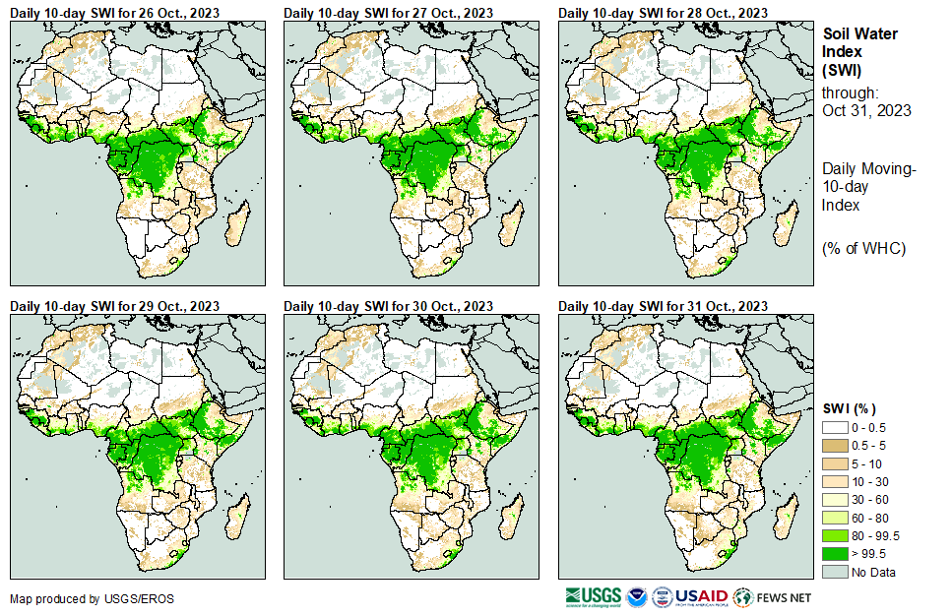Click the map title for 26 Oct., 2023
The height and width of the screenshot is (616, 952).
pos(114,13)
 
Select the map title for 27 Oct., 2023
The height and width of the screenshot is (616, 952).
pos(388,13)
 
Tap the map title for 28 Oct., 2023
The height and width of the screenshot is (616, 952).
pos(663,13)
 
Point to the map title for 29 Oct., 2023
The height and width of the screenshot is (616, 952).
pos(114,306)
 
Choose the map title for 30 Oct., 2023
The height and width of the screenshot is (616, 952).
pos(388,306)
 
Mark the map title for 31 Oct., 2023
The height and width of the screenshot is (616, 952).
pos(663,306)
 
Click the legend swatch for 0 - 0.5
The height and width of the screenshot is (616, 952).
pos(836,428)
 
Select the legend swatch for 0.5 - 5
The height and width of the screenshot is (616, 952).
pos(836,446)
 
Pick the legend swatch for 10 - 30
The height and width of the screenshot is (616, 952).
pos(836,482)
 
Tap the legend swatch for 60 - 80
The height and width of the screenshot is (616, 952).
pos(836,518)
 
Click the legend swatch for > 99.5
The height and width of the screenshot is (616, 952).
pos(836,553)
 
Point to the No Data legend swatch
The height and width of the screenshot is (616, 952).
pos(836,572)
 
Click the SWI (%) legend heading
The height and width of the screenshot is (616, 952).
pos(850,408)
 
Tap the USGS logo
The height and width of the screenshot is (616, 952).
pos(593,597)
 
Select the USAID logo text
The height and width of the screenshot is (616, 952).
pos(701,597)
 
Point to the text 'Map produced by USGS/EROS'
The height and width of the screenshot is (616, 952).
pos(79,598)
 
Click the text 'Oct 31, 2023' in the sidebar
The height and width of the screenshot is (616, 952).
pos(866,110)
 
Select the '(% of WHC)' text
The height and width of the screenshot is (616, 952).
pos(863,247)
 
